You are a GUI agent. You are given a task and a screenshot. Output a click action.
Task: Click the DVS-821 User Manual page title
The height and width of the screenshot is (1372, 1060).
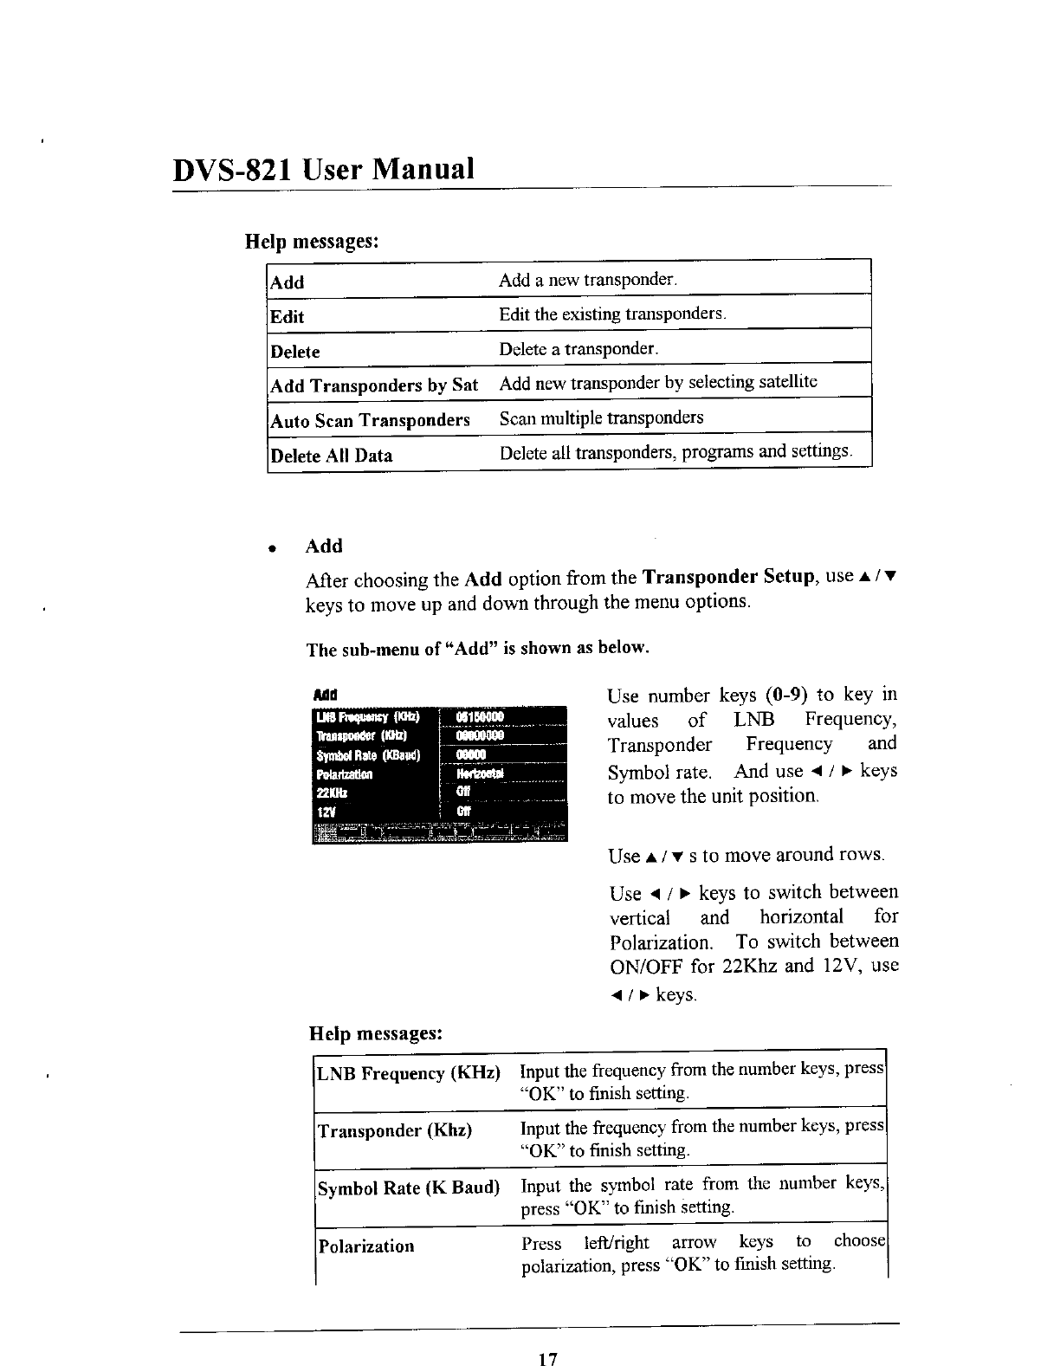(324, 168)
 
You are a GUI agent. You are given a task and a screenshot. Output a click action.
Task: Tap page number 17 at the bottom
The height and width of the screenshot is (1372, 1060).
(546, 1358)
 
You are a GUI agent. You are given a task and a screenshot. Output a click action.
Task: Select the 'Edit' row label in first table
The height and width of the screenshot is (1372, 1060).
(288, 316)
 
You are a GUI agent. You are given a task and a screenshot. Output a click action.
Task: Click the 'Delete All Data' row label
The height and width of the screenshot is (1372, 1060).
(331, 456)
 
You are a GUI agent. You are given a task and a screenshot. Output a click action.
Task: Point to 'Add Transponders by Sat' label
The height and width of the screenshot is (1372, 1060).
(374, 385)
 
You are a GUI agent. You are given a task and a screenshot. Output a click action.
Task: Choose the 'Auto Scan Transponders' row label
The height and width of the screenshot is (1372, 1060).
(370, 421)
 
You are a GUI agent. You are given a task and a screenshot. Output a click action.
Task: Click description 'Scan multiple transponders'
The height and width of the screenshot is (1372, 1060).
(601, 418)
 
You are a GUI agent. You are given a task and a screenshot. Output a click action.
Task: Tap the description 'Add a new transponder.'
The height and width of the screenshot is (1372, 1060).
(588, 280)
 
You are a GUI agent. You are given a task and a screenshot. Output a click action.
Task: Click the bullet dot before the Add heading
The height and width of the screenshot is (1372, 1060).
(272, 549)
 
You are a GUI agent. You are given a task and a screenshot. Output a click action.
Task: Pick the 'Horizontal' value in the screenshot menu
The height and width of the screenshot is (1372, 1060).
(480, 773)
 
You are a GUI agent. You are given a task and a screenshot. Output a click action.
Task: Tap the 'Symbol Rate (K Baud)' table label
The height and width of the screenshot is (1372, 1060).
(409, 1188)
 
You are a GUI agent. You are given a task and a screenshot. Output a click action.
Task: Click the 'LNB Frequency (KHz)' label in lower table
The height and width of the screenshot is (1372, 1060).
(409, 1074)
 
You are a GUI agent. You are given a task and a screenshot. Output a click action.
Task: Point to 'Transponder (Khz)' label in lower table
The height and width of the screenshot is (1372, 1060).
(395, 1131)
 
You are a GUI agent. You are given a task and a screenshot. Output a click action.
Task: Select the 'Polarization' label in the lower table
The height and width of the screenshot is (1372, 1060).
(366, 1246)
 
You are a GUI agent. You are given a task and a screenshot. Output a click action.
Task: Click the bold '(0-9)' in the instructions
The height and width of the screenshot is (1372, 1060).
(786, 695)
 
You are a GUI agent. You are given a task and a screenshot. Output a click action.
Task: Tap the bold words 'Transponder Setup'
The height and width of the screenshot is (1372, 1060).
(727, 578)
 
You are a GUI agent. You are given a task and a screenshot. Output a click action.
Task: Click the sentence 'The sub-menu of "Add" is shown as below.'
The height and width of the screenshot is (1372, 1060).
(477, 649)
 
